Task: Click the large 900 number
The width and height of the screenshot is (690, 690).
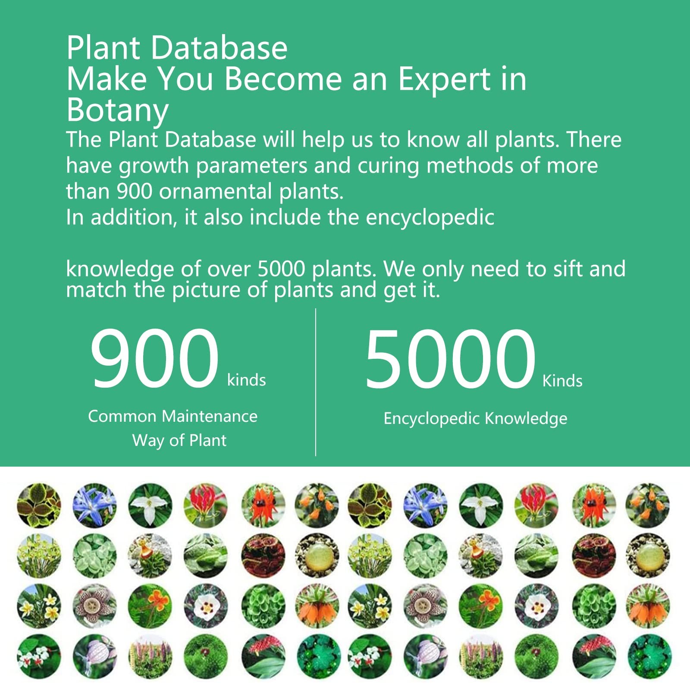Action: tap(154, 358)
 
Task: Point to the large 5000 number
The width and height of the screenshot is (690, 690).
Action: tap(450, 358)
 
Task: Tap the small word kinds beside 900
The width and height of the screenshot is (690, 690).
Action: tap(247, 380)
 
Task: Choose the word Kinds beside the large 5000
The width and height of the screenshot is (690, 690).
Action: tap(562, 381)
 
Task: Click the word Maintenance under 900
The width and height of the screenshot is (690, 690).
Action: tap(210, 416)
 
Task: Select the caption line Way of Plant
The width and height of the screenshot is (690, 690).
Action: tap(179, 441)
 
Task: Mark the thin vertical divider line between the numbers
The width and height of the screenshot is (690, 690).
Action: tap(316, 382)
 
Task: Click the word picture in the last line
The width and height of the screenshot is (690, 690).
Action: tap(206, 290)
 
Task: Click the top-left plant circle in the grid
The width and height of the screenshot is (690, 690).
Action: tap(39, 505)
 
